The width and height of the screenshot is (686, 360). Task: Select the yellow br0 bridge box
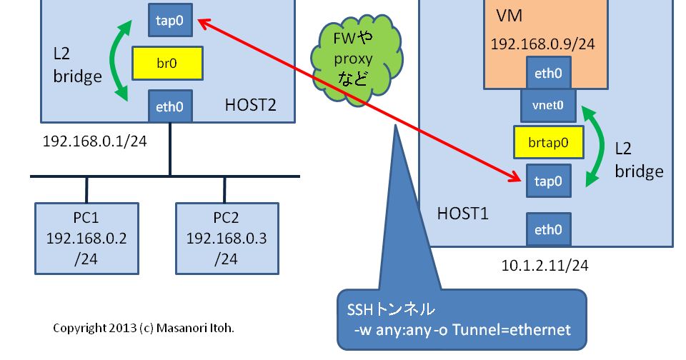[166, 63]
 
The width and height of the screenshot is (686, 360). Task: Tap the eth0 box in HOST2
[169, 106]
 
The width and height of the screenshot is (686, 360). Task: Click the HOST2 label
[250, 106]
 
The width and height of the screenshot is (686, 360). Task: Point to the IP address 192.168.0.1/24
[94, 141]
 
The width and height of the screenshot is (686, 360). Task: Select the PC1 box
[86, 238]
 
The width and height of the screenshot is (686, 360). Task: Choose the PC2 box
[227, 238]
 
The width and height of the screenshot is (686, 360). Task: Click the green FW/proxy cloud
[355, 56]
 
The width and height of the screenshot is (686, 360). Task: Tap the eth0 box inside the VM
[548, 73]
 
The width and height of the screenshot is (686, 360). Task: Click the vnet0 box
[548, 105]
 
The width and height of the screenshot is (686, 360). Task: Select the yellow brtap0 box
[548, 142]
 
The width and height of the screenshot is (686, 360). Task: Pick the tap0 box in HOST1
[548, 181]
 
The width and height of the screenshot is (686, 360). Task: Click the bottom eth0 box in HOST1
[548, 230]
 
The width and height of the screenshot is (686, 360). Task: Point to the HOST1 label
[462, 213]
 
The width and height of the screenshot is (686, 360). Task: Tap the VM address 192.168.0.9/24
[542, 44]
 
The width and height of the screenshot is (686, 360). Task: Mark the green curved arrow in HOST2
[118, 61]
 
